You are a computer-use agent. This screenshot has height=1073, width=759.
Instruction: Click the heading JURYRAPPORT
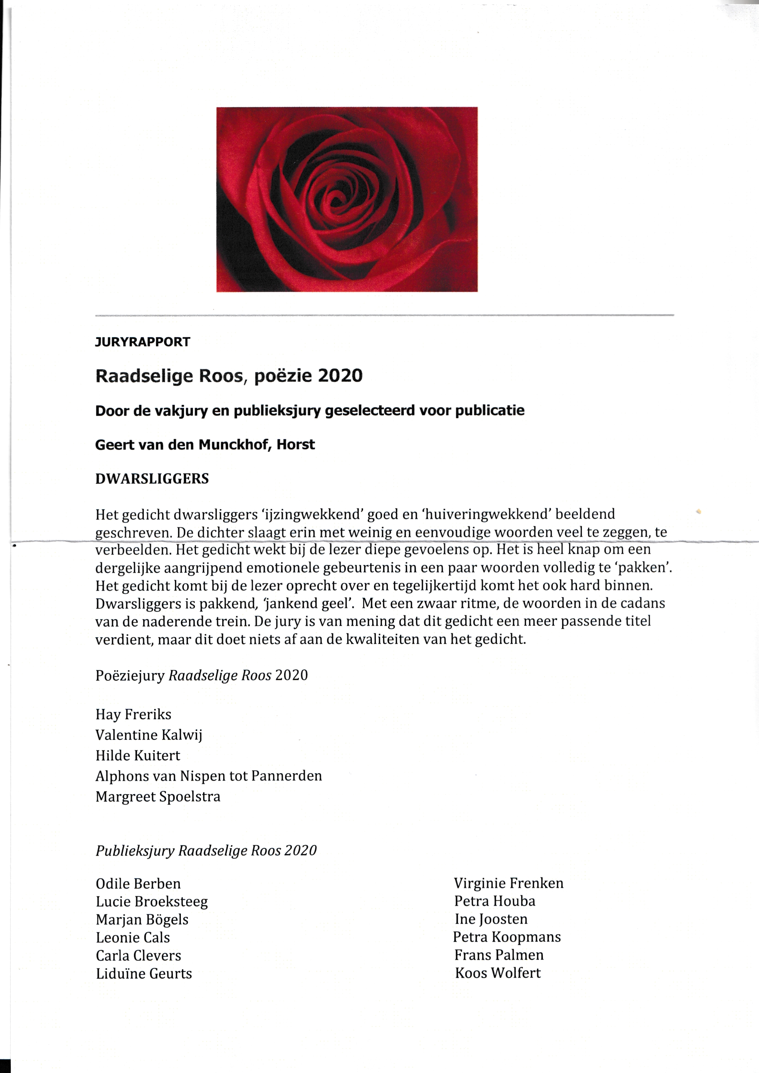143,342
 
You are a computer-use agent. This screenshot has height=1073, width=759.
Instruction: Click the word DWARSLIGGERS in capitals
152,479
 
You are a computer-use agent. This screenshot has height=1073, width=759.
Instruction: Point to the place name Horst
296,445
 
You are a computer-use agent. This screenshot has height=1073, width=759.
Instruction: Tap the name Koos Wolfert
497,973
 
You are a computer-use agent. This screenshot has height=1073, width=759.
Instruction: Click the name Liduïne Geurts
144,974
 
